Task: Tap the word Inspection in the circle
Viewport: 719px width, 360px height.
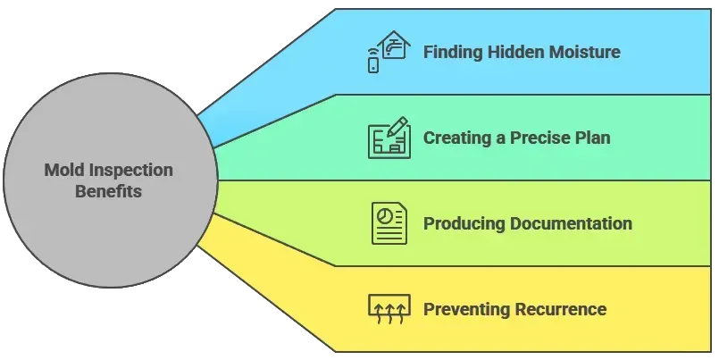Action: (130, 171)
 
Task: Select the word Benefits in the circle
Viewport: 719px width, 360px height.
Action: (109, 191)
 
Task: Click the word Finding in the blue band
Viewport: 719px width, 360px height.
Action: (453, 52)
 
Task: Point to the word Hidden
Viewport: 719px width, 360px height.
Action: (516, 51)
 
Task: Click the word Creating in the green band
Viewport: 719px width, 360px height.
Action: (457, 138)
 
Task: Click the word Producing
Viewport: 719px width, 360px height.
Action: (464, 223)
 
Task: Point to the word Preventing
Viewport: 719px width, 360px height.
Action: (467, 309)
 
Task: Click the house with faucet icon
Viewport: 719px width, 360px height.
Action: (395, 45)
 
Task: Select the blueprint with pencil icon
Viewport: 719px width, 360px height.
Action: (389, 138)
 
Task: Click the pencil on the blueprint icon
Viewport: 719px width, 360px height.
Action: (397, 127)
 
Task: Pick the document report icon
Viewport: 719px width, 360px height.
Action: (389, 223)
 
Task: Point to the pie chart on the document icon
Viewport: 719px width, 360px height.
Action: (384, 216)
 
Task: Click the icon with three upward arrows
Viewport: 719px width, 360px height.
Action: (389, 309)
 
